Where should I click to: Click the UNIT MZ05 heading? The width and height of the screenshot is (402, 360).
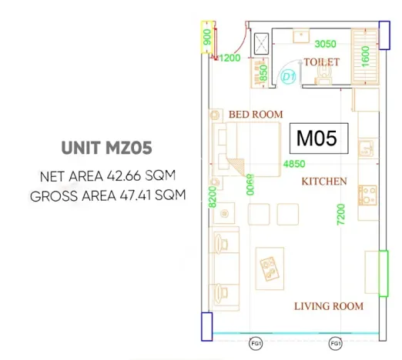(106, 148)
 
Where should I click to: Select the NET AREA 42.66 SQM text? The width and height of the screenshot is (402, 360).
(108, 176)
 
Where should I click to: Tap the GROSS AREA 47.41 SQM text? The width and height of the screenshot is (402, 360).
(108, 195)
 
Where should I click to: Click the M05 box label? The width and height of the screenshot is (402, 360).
(319, 138)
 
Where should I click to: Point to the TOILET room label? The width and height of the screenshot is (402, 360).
(322, 62)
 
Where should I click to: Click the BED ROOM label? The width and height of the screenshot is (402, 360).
(256, 115)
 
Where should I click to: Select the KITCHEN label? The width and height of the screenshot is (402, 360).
(324, 182)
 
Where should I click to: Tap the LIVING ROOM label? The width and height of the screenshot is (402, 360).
(329, 306)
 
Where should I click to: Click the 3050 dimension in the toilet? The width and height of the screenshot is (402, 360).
(325, 44)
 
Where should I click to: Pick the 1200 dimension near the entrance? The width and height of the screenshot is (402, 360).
(229, 58)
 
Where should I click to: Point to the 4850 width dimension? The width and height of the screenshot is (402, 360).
(294, 164)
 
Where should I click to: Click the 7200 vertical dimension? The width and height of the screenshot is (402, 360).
(340, 215)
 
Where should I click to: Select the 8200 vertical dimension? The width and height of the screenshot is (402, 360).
(213, 197)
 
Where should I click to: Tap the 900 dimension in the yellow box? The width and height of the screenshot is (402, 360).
(207, 37)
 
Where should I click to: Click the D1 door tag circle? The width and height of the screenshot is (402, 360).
(289, 76)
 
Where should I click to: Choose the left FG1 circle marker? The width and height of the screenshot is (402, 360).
(256, 344)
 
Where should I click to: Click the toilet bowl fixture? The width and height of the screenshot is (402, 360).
(324, 75)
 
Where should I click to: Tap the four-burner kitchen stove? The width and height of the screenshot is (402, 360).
(367, 195)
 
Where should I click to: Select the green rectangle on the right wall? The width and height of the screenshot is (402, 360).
(384, 274)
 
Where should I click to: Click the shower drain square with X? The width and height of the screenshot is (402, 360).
(261, 44)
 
